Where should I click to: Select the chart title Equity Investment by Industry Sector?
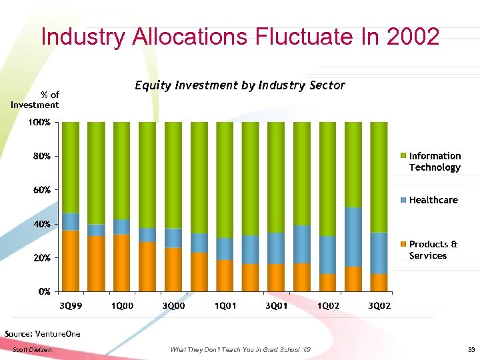[240, 85]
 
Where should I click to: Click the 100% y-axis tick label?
[42, 123]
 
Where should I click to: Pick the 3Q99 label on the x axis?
[71, 305]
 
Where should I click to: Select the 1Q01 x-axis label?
[225, 305]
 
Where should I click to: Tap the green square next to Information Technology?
[402, 156]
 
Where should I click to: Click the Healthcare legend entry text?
[433, 200]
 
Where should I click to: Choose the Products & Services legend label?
[433, 250]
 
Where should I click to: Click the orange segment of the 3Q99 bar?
[71, 261]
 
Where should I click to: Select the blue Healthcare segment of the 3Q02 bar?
[379, 253]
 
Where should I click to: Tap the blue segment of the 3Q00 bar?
[173, 238]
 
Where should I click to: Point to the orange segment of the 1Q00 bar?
[122, 263]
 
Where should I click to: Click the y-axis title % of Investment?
[35, 99]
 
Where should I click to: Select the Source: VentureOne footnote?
[42, 333]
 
